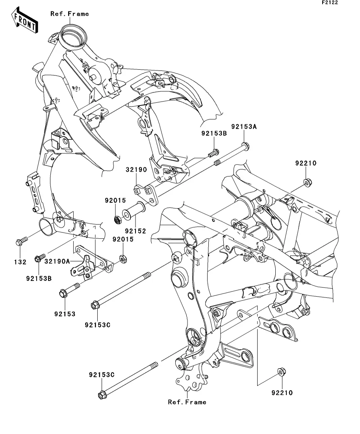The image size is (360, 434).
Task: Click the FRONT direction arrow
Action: [x=24, y=20]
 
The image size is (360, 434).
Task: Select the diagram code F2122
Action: [x=330, y=2]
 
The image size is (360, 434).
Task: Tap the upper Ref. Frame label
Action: [x=70, y=14]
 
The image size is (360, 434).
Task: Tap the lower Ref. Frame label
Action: [x=187, y=402]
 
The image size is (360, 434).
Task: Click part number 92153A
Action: [x=244, y=126]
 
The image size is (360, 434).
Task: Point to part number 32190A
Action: [x=58, y=261]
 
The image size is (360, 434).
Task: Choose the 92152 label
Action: [x=135, y=231]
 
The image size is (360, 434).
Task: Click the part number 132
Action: [x=20, y=262]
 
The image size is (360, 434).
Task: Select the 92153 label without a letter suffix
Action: [x=65, y=314]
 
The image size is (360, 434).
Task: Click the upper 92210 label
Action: [x=306, y=163]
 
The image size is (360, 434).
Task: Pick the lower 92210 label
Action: [x=282, y=392]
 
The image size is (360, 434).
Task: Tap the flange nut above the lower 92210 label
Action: [x=282, y=372]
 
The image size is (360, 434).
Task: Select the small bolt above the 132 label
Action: [x=22, y=241]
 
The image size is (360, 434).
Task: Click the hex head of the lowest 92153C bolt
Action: [x=102, y=395]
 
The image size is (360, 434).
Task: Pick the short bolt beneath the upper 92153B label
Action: [x=213, y=153]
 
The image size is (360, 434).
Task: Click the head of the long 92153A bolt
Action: [x=245, y=146]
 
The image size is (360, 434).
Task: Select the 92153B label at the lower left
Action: [x=39, y=278]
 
